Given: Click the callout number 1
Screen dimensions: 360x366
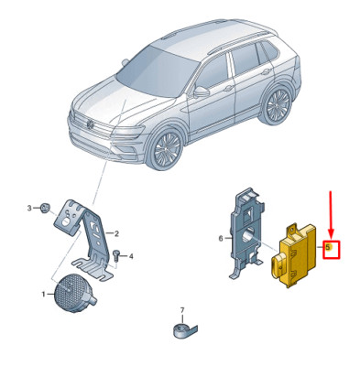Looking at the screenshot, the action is click(43, 294).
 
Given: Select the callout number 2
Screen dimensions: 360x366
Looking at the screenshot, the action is click(116, 234).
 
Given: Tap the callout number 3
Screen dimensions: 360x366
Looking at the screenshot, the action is click(29, 209).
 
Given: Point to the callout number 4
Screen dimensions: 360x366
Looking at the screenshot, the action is click(131, 257).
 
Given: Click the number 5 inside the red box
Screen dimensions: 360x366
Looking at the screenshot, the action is click(328, 247).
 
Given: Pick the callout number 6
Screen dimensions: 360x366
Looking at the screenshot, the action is click(221, 239).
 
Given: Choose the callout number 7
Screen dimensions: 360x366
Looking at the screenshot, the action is click(182, 310).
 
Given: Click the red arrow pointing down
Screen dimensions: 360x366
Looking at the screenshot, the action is click(332, 215).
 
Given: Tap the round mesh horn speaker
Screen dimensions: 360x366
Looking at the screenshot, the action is click(74, 293).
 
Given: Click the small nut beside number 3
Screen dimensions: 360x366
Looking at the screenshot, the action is click(44, 209).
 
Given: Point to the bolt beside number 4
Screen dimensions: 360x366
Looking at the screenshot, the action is click(116, 255).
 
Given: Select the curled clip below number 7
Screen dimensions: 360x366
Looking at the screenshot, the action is click(184, 330).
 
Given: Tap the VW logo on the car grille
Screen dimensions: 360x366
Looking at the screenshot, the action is click(91, 124).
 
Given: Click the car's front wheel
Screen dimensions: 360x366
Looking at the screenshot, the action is click(165, 149).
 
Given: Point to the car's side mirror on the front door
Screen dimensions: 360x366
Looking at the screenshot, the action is click(201, 91).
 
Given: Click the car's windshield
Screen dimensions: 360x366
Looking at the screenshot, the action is click(156, 71).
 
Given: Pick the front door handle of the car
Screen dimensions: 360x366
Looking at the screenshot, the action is click(228, 89).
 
